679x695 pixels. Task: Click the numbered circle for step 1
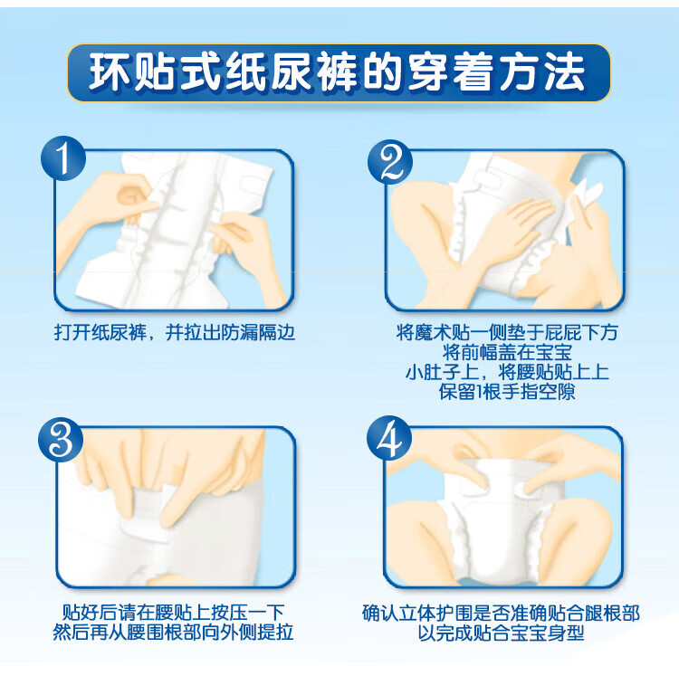click(x=63, y=158)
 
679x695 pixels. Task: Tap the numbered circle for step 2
click(x=390, y=162)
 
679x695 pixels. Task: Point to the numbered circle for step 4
click(x=389, y=438)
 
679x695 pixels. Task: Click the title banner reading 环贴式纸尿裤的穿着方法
click(x=339, y=72)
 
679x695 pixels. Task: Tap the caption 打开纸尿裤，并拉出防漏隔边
click(x=175, y=332)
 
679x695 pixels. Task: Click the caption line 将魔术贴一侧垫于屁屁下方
click(x=507, y=332)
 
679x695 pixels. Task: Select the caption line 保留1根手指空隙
click(x=507, y=391)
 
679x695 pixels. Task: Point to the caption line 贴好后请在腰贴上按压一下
click(x=173, y=613)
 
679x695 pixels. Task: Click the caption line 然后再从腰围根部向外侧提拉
click(x=173, y=632)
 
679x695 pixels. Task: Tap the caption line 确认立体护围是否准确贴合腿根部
click(x=501, y=614)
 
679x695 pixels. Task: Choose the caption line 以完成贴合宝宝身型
click(x=501, y=633)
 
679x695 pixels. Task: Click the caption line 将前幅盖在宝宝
click(x=507, y=352)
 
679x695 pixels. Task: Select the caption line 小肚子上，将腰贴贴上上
click(x=507, y=372)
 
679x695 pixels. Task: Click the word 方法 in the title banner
click(x=542, y=72)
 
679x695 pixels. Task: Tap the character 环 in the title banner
click(x=110, y=72)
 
